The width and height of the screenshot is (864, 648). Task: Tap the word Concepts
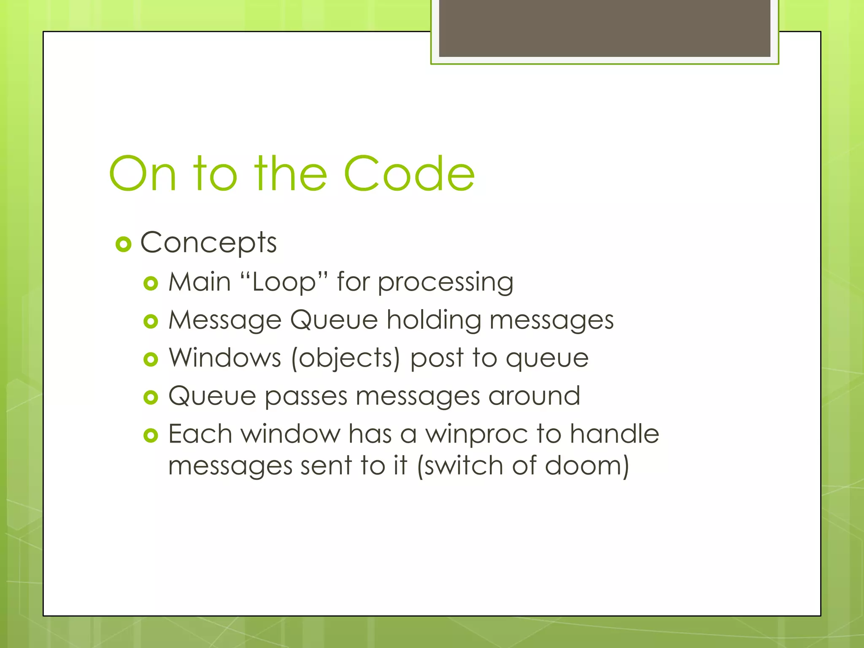(x=208, y=243)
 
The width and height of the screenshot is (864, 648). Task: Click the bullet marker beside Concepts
(x=123, y=244)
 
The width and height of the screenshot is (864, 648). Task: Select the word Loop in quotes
(x=284, y=282)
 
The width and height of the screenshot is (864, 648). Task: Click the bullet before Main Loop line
(x=151, y=283)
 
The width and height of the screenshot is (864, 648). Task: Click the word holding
(x=434, y=320)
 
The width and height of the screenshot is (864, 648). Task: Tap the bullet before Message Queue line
(x=151, y=321)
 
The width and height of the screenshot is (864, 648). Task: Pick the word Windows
(x=225, y=358)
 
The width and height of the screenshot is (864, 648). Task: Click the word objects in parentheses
(x=346, y=359)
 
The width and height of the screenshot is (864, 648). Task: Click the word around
(x=534, y=396)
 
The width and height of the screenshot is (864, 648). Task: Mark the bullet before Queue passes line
(x=151, y=397)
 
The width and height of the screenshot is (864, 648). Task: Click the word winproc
(x=477, y=434)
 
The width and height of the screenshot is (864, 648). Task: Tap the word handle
(x=614, y=434)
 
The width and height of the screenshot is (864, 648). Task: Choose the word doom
(x=583, y=465)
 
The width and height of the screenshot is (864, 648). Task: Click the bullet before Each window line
(x=151, y=435)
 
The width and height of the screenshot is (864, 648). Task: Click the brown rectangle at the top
(x=605, y=28)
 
